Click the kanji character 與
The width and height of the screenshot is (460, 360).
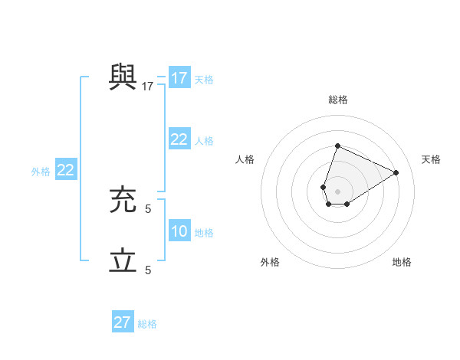click(123, 77)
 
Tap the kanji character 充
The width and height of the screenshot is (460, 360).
click(123, 200)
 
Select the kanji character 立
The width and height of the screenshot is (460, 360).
click(123, 261)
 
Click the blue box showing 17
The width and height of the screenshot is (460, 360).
click(179, 78)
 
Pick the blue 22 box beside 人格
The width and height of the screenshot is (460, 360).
click(179, 139)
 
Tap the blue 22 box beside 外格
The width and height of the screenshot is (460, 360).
click(65, 170)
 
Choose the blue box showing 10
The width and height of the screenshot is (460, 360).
click(179, 231)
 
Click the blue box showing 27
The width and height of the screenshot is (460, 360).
click(123, 322)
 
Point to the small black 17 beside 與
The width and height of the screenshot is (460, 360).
click(148, 87)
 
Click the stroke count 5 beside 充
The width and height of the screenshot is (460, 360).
click(148, 208)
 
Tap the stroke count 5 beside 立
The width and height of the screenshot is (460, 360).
click(148, 270)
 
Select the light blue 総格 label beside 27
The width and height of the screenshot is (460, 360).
click(147, 324)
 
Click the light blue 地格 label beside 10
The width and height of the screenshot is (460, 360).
click(204, 233)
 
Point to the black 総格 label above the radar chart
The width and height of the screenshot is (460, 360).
click(337, 100)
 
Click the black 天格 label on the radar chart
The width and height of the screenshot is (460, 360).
click(431, 159)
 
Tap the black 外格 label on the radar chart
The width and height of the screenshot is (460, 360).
click(270, 262)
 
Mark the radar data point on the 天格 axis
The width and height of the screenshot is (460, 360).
click(396, 172)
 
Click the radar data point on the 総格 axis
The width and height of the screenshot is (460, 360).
click(337, 146)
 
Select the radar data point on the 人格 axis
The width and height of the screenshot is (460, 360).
click(323, 187)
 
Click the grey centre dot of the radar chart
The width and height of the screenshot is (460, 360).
click(337, 191)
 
